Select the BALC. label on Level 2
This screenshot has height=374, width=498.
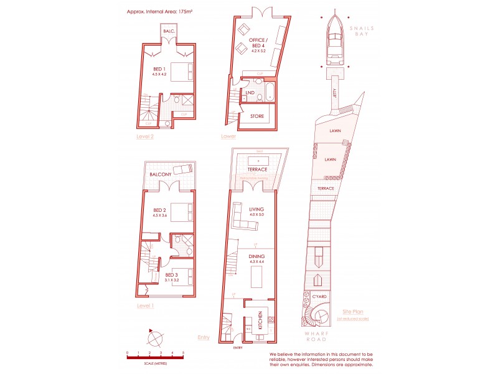pos(169,31)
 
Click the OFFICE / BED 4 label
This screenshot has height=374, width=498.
pos(257,43)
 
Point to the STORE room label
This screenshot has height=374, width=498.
pos(256,116)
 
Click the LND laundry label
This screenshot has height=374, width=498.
pos(250,93)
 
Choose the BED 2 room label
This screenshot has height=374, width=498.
pos(159,210)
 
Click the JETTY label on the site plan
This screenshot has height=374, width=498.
pos(334,93)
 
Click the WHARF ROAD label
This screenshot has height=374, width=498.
pos(316,337)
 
